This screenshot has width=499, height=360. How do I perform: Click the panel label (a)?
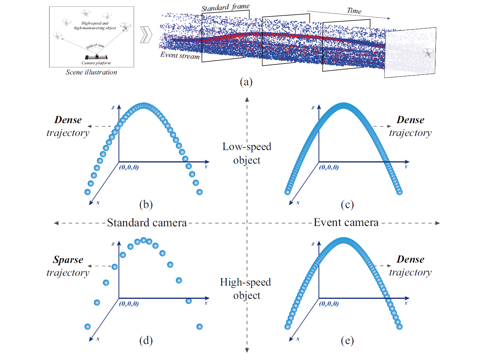tap(247, 82)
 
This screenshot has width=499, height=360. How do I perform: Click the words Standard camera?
tap(147, 223)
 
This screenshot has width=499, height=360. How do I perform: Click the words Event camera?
tap(346, 222)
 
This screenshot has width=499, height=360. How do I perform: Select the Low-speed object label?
tap(247, 153)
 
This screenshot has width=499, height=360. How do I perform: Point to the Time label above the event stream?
tap(354, 11)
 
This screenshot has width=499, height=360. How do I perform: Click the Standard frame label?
tap(225, 8)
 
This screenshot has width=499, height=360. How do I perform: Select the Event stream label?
tap(180, 55)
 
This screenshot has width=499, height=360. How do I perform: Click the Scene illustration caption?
tap(92, 72)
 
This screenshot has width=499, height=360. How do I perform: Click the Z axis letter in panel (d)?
tap(113, 244)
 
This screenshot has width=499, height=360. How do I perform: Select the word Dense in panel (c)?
tap(410, 120)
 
